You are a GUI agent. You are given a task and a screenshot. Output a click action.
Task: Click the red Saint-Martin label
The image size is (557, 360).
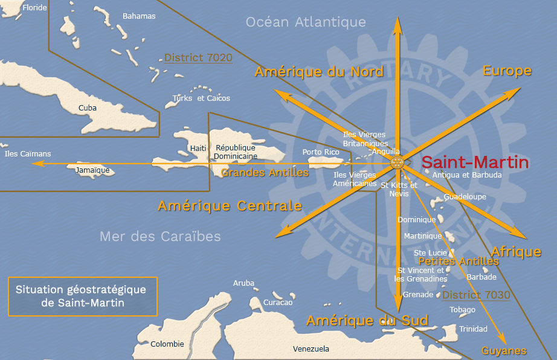click(x=475, y=162)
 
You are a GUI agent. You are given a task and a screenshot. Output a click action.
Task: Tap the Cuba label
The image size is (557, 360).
click(x=88, y=108)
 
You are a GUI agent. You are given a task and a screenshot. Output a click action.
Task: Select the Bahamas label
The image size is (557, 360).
click(x=139, y=16)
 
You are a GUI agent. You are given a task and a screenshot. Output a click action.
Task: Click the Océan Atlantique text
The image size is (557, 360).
click(x=306, y=22)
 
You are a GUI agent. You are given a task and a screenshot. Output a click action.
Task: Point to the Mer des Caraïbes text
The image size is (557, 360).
click(x=160, y=236)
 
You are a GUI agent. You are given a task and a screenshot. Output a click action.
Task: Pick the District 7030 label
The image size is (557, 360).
click(x=476, y=295)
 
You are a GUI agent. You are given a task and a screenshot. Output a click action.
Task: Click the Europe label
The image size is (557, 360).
click(x=507, y=71)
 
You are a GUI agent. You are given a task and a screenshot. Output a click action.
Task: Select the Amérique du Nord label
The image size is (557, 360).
click(x=319, y=72)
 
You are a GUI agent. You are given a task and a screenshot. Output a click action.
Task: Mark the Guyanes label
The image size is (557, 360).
click(x=504, y=350)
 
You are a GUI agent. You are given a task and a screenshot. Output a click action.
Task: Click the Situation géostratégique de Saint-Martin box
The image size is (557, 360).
click(x=82, y=296)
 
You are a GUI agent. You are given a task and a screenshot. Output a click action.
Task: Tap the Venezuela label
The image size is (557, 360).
click(x=311, y=349)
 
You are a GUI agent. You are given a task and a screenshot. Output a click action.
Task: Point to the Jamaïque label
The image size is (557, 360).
click(x=93, y=170)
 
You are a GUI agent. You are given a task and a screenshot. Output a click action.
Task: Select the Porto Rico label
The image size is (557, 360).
click(x=321, y=152)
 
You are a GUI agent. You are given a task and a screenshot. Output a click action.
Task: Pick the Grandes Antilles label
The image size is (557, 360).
click(x=265, y=173)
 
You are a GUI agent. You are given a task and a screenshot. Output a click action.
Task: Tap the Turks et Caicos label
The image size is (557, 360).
click(x=201, y=98)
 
